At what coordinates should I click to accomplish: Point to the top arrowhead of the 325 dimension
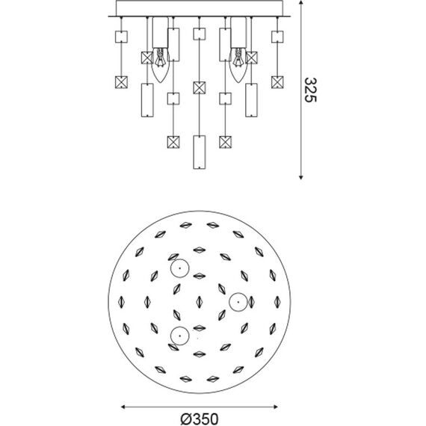[301, 4]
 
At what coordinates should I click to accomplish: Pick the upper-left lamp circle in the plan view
[179, 269]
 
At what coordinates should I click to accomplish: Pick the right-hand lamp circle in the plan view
[238, 301]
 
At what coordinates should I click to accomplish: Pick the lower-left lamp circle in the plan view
[179, 335]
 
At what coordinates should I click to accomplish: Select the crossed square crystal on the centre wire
[200, 87]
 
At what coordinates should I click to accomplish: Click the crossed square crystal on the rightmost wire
[278, 81]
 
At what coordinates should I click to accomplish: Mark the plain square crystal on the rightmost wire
[278, 37]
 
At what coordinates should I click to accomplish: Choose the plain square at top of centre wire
[200, 34]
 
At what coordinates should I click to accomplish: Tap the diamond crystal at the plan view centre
[200, 302]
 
